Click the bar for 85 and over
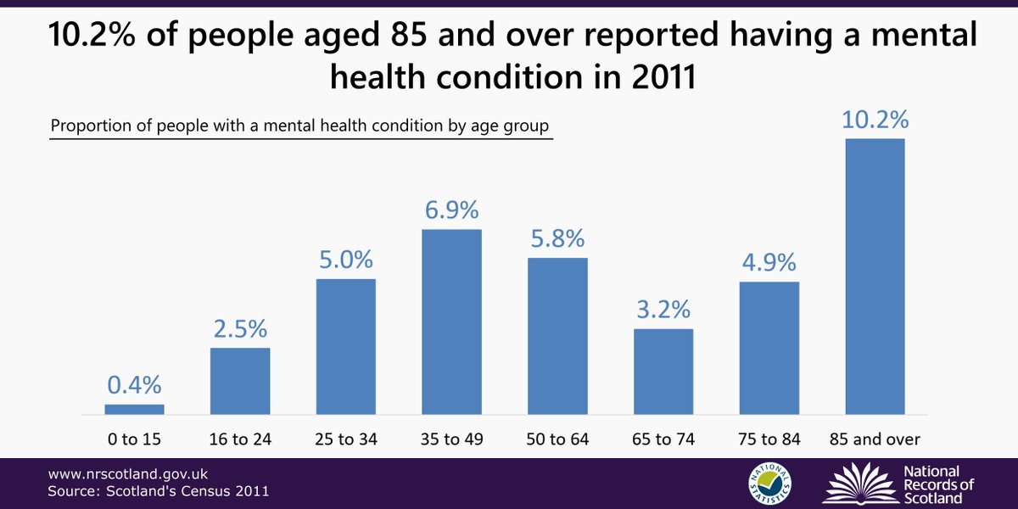point(875,277)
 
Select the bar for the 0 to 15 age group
point(134,409)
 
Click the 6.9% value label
point(451,210)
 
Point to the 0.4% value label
point(134,385)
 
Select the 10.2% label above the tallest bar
point(875,120)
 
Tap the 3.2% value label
point(663,310)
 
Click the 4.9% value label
point(769,263)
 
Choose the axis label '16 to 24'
point(240,439)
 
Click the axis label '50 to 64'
point(557,439)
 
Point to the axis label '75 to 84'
point(769,439)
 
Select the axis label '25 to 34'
point(345,439)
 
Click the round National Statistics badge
point(769,481)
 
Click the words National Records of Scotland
point(937,484)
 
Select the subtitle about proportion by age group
point(299,126)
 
